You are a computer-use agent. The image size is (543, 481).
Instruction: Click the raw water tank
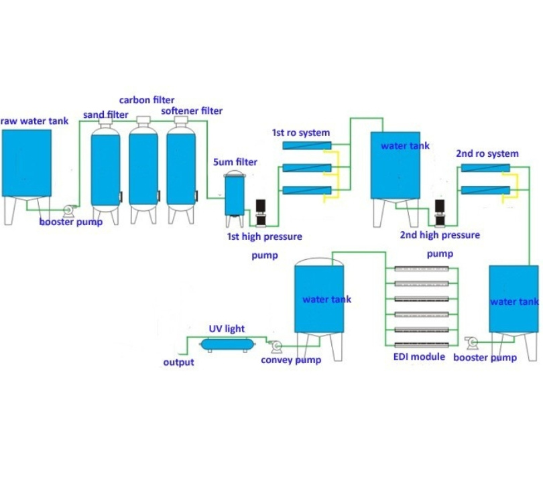(27, 176)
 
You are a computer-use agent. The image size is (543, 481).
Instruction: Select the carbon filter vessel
(143, 169)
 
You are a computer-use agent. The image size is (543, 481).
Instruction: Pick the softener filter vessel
(181, 169)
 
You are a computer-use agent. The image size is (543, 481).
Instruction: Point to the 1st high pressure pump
(260, 212)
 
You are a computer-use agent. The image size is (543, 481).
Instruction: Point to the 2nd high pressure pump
(440, 213)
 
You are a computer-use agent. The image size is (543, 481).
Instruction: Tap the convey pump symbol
(276, 346)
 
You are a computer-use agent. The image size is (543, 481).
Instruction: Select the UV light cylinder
(227, 344)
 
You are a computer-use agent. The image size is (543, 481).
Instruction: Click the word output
(178, 362)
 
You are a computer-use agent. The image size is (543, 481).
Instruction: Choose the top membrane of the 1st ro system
(307, 145)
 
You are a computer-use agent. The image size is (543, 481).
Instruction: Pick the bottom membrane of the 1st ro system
(307, 190)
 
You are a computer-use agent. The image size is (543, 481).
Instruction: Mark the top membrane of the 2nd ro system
(485, 168)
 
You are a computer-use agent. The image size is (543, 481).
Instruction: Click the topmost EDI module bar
(422, 269)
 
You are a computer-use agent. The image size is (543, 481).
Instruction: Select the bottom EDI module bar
(422, 344)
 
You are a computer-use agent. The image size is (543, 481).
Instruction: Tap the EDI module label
(419, 357)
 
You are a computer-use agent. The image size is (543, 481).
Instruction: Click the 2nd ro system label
(487, 153)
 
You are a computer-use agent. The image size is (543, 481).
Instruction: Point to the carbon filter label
(147, 100)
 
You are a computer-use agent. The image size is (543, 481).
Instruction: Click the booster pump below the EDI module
(472, 342)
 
